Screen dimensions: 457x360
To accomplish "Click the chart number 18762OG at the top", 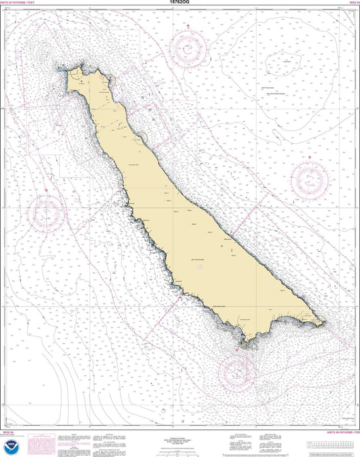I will click(180, 3).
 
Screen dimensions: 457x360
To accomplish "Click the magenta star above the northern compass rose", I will click(189, 26).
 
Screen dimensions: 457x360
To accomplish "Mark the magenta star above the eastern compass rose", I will click(310, 157).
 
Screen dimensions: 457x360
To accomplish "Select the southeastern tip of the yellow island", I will click(324, 323).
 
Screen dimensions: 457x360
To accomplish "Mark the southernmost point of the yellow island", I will click(246, 345).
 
